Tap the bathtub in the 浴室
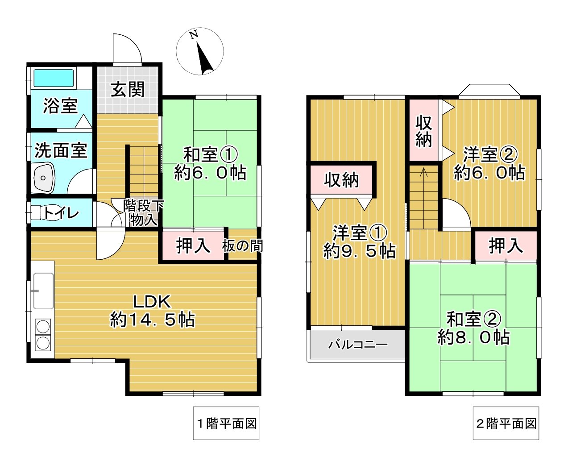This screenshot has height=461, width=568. coord(54,78)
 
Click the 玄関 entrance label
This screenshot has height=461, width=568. coord(128,89)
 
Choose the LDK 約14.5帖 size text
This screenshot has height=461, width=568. coord(152,320)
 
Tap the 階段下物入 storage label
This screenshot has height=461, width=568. coord(143,213)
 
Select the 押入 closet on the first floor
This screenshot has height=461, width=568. coord(193,245)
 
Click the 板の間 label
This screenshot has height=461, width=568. coord(243,245)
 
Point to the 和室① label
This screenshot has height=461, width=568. coord(210,155)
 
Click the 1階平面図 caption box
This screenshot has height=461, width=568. coord(226,423)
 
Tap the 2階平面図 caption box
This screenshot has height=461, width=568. coord(506,423)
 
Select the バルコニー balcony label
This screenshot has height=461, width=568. coord(358,345)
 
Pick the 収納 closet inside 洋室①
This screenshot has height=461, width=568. coord(341,180)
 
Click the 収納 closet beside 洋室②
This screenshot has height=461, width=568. coord(424,131)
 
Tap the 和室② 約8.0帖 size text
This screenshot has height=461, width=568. coord(473,337)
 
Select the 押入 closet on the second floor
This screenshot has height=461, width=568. coord(506,245)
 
